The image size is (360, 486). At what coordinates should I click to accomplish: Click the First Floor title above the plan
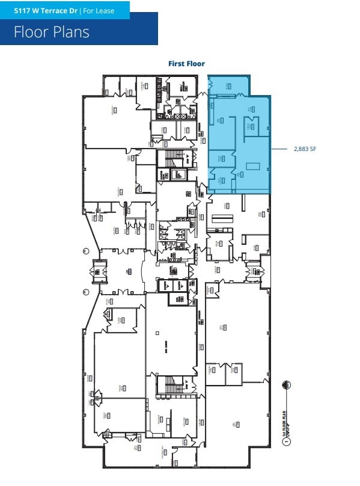[186, 64]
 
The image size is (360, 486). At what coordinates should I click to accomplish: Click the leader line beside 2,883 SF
[281, 149]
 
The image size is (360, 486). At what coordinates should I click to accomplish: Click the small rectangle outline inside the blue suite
[252, 165]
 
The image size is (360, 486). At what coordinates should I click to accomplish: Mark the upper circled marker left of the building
[85, 251]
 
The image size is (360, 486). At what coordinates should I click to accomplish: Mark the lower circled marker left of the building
[85, 292]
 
